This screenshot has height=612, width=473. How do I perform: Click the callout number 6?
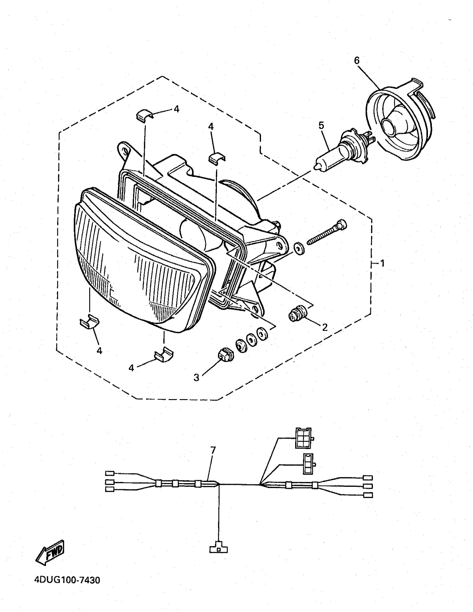(x=357, y=61)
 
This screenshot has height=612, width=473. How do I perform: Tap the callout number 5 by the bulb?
(x=321, y=125)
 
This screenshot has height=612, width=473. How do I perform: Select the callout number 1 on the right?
(x=382, y=263)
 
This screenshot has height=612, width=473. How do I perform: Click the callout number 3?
(x=196, y=377)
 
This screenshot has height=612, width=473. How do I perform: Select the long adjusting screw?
(x=326, y=233)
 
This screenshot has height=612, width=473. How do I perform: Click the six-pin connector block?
(x=303, y=438)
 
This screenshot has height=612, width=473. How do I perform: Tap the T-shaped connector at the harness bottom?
(x=219, y=549)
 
